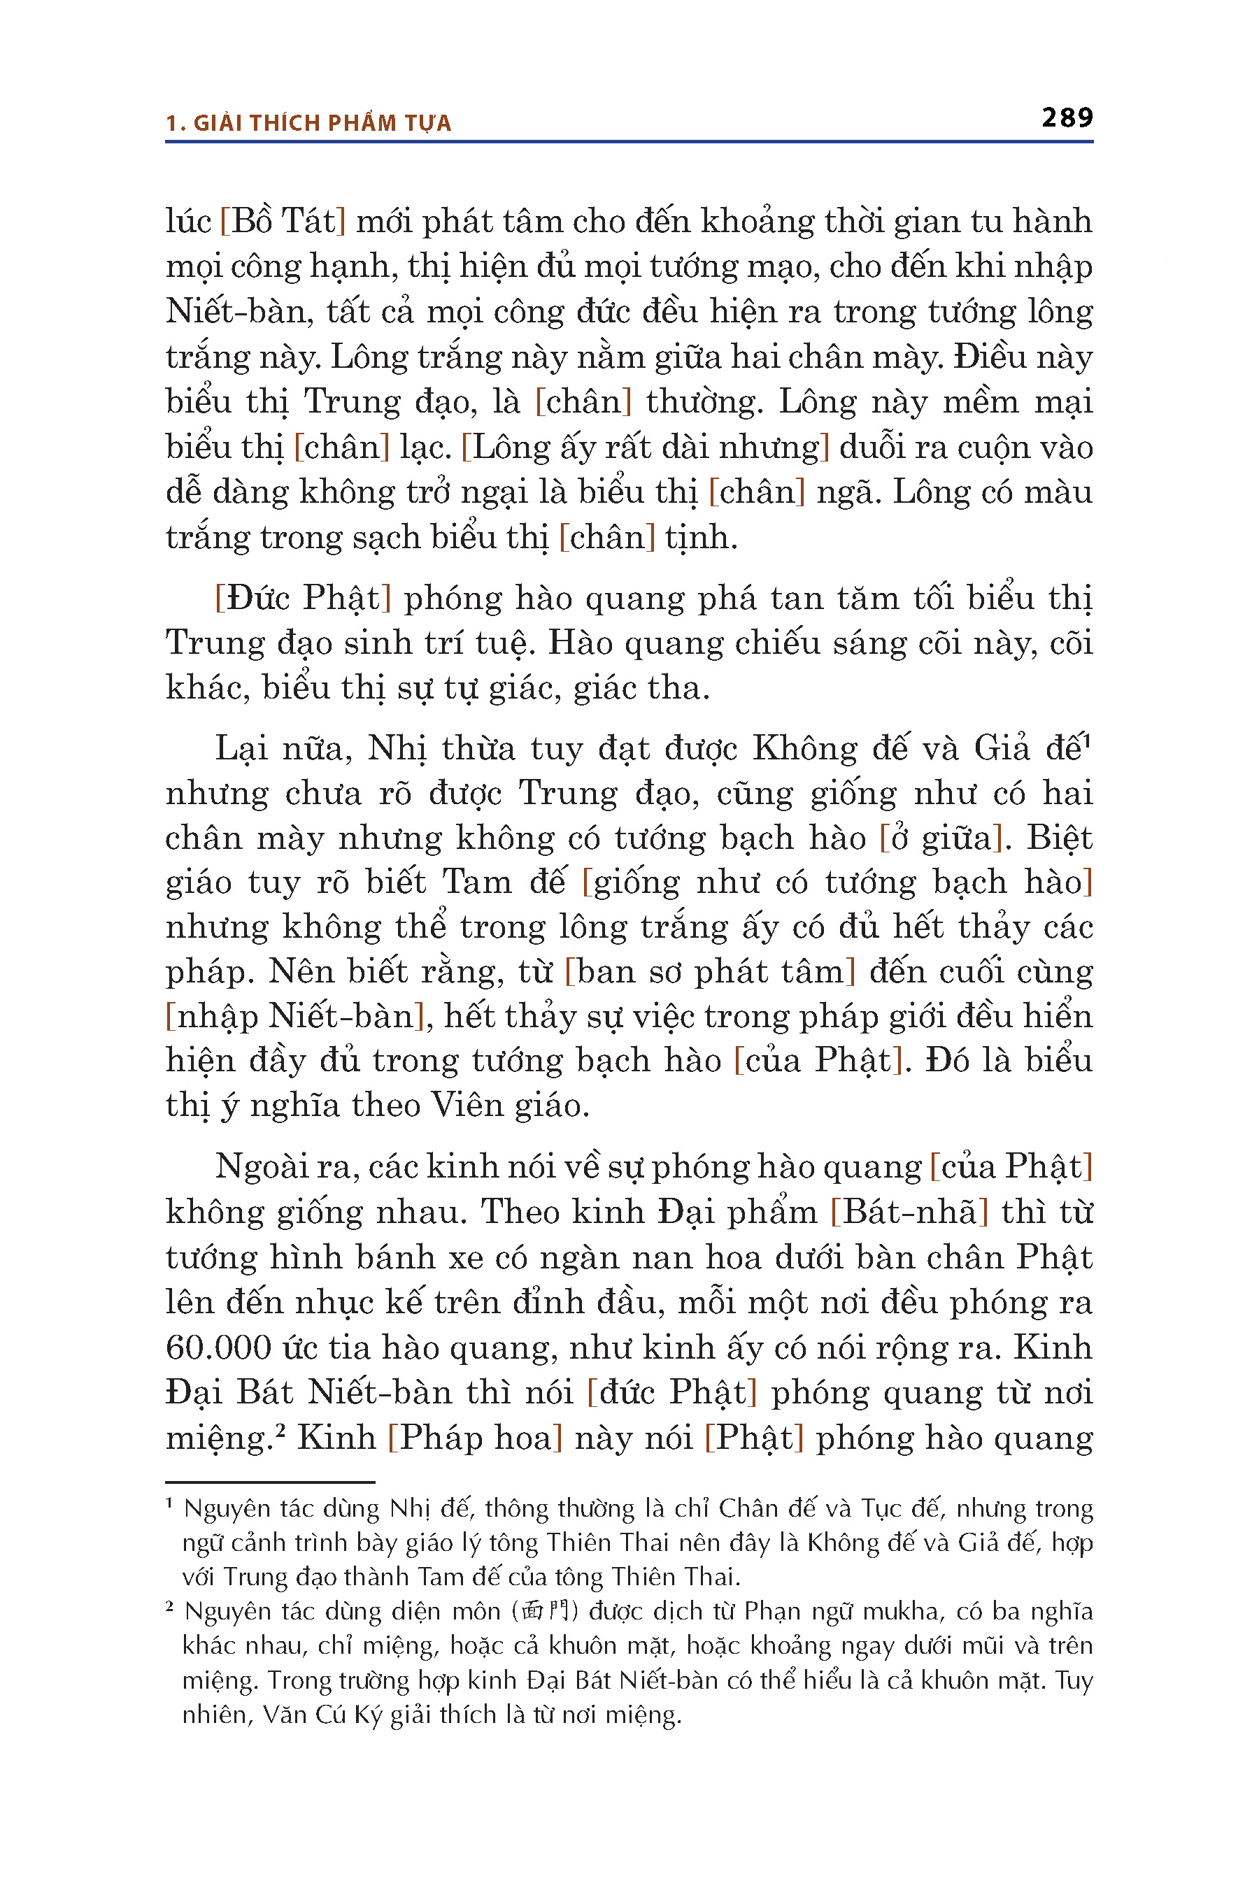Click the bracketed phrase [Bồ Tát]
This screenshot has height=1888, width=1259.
[x=283, y=222]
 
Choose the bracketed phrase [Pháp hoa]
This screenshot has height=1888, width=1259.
[x=474, y=1438]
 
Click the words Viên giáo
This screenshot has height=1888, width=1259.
[x=510, y=1106]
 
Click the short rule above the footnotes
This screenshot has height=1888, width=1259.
[x=270, y=1482]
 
